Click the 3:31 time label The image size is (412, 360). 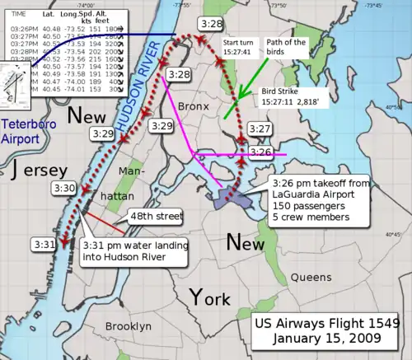[45, 244]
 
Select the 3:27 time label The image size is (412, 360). [260, 129]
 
